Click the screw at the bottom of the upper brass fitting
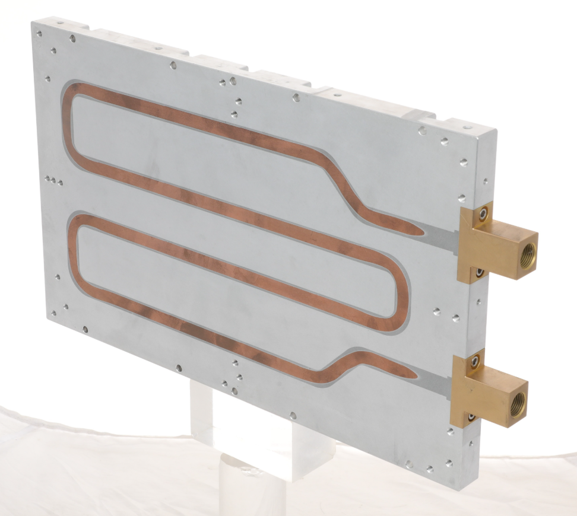[x=479, y=272]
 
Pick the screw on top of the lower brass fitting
[x=475, y=359]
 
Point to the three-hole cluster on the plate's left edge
[x=53, y=180]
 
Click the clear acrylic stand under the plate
[x=249, y=451]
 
